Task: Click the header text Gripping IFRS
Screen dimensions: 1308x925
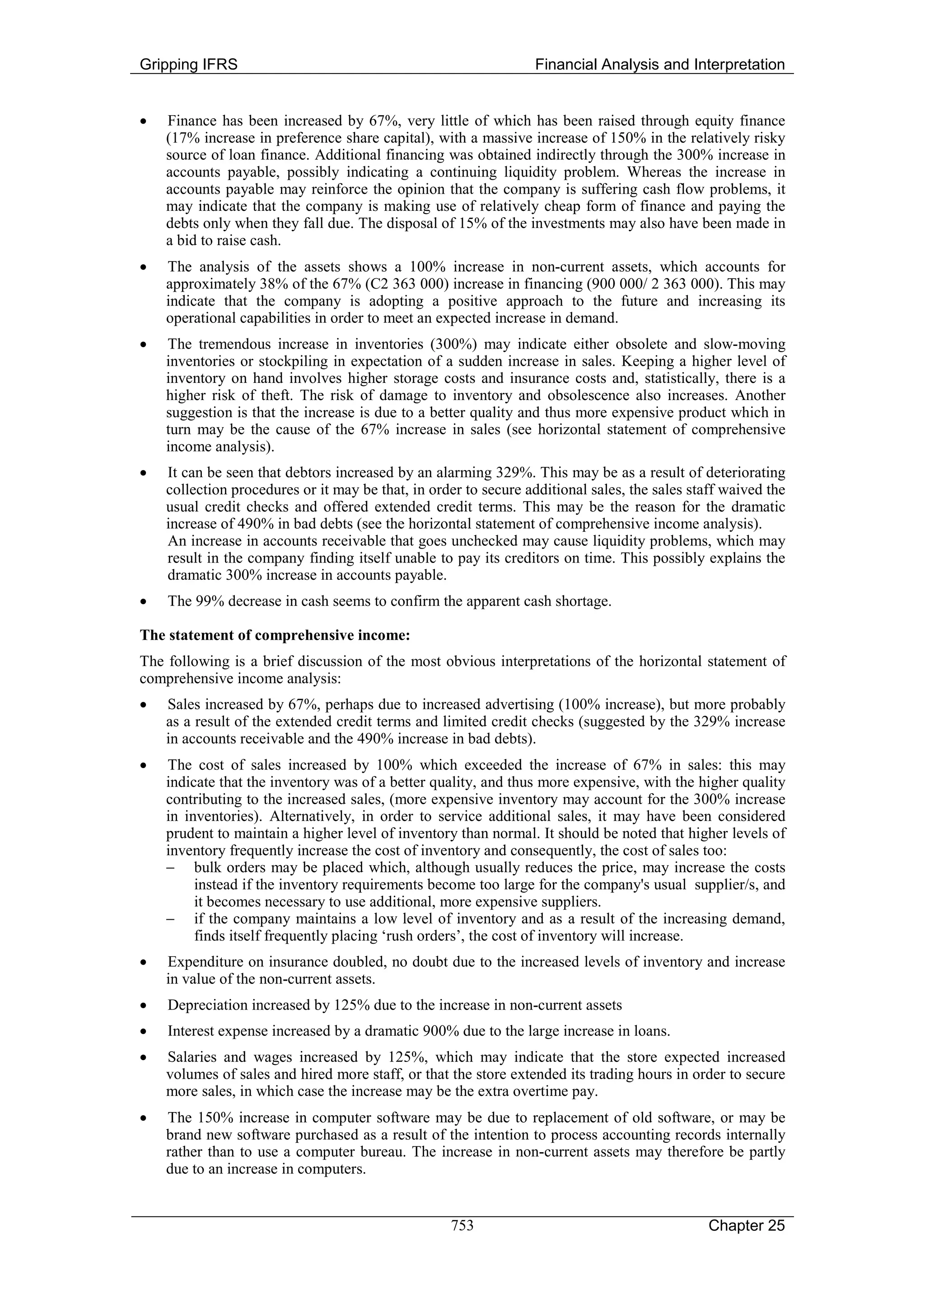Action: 188,65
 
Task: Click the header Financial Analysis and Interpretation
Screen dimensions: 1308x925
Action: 659,65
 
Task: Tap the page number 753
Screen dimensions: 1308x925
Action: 462,1225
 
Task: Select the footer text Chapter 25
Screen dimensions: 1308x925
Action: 747,1226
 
